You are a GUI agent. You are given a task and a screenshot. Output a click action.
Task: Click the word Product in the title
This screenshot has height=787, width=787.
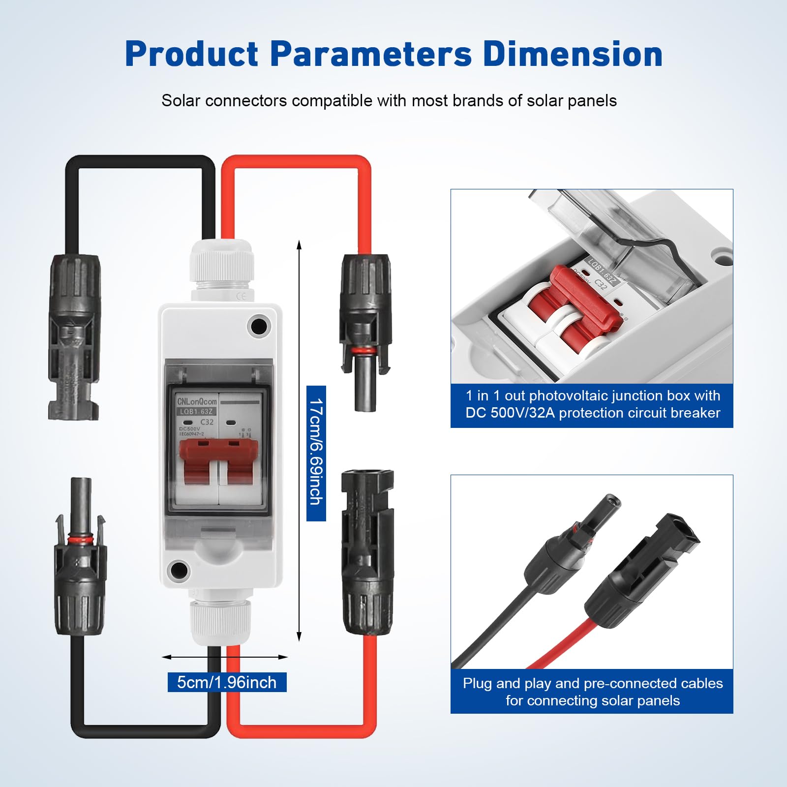191,54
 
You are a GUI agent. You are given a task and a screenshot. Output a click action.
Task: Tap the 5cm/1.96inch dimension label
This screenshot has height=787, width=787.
227,682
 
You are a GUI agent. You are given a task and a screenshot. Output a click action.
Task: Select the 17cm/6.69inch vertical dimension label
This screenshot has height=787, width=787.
316,453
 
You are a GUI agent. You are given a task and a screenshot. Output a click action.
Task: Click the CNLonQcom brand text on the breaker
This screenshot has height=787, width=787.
197,401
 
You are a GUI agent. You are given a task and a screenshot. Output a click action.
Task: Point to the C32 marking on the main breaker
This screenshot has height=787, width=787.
207,422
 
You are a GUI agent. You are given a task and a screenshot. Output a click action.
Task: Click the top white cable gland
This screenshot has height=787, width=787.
221,268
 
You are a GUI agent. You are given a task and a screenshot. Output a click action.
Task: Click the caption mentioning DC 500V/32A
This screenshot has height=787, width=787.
592,405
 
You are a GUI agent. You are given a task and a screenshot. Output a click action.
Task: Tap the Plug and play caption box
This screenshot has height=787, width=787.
592,691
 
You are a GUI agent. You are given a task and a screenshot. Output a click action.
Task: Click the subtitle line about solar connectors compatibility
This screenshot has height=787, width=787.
389,101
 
